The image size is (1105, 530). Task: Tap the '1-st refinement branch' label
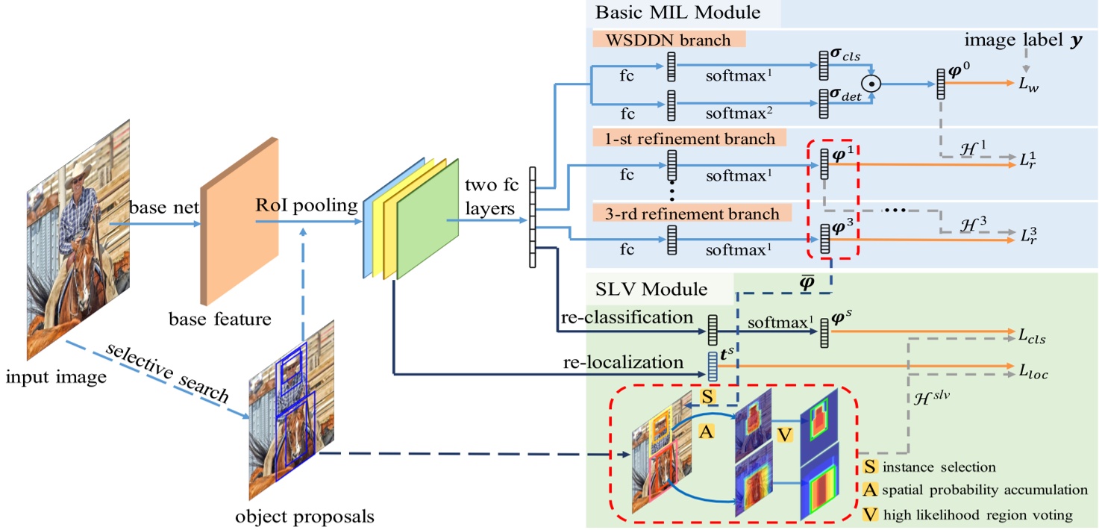[685, 138]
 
